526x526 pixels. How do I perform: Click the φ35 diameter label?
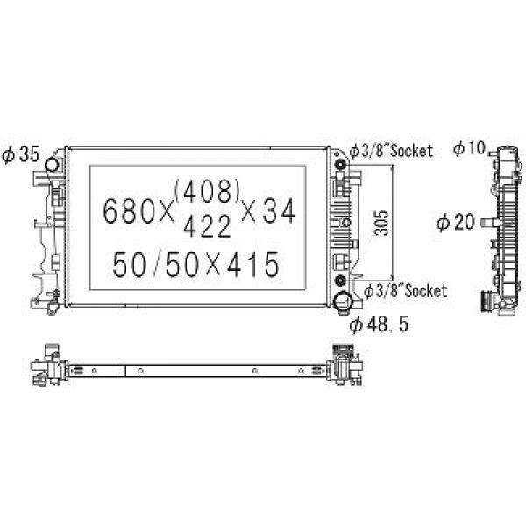[21, 155]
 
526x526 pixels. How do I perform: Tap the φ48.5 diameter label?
[379, 324]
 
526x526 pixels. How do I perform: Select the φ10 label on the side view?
[469, 147]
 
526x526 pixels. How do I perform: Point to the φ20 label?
[456, 222]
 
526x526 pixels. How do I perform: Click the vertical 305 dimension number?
[380, 223]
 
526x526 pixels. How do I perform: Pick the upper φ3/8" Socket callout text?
[391, 151]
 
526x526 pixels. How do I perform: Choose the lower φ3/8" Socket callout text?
[406, 290]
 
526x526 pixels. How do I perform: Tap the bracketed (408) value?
[207, 191]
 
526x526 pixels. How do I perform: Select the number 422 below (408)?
[207, 226]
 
